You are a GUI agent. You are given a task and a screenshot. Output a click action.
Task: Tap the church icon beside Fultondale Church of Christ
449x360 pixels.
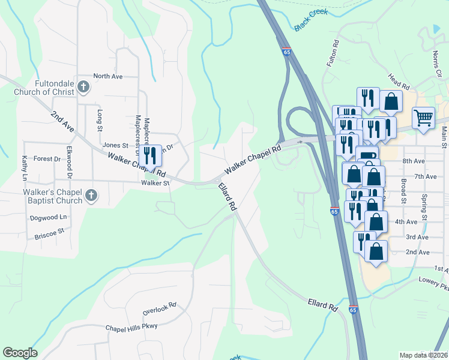[x=83, y=88]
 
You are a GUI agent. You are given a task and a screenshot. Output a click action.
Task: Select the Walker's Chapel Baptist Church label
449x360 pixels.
[x=42, y=195]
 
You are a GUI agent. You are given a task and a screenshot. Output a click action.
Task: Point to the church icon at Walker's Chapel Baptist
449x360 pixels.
[x=91, y=195]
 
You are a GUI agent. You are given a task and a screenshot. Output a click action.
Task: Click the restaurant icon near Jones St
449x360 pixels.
[x=150, y=155]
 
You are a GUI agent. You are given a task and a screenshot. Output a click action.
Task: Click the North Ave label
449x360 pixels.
[x=108, y=77]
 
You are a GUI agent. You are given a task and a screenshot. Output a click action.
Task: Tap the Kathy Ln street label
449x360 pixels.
[x=25, y=168]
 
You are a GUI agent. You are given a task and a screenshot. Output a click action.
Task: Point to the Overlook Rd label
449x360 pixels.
[x=159, y=308]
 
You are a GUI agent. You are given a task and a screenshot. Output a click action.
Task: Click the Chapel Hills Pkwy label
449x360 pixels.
[x=131, y=326]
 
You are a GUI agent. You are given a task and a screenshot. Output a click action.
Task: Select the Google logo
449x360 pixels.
[x=20, y=353]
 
